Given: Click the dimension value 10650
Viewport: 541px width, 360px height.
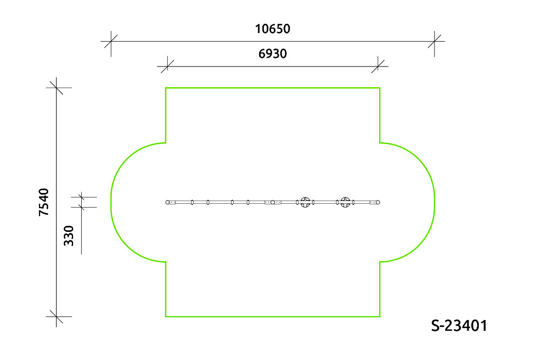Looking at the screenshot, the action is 273,29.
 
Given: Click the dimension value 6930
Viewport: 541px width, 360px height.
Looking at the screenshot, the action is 273,54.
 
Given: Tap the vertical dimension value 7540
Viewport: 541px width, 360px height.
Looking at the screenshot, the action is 44,202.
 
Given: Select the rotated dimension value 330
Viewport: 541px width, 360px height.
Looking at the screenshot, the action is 69,236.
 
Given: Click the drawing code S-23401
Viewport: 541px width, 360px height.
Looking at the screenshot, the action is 459,325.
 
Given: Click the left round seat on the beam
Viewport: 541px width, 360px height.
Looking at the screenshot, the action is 305,202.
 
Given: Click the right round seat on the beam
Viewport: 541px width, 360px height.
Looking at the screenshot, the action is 345,202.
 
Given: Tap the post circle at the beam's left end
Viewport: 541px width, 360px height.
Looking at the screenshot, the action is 168,202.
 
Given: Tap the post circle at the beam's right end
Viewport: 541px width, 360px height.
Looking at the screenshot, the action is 378,202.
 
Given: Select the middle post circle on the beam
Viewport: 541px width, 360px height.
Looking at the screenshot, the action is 273,202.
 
